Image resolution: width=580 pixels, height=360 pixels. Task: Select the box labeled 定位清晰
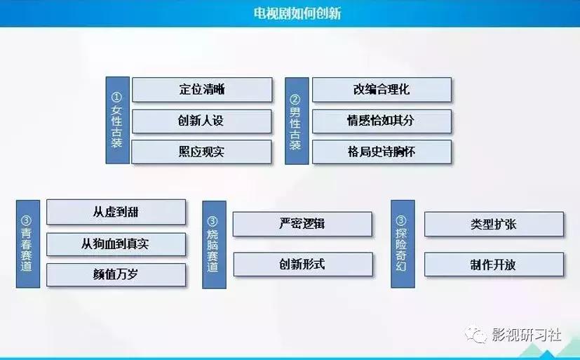coord(201,90)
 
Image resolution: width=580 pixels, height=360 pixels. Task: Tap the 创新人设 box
coord(201,121)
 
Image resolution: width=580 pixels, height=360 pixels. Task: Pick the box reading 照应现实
coord(201,152)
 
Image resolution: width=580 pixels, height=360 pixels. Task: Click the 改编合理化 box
coord(381,90)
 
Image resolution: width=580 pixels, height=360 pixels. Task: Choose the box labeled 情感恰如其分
coord(381,121)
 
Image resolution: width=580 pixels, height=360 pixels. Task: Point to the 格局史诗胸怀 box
coord(381,152)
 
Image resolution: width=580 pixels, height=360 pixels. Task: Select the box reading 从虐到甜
coord(116,212)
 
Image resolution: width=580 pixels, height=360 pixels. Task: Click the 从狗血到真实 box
coord(116,244)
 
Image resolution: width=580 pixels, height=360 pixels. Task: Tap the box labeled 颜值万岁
coord(116,274)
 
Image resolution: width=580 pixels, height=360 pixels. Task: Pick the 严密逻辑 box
coord(302,224)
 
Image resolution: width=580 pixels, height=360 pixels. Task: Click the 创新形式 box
coord(302,264)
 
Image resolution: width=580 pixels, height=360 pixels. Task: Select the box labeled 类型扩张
coord(494,225)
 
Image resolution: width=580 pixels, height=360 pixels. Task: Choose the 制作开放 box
coord(494,265)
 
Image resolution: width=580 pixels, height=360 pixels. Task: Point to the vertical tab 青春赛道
coord(27,243)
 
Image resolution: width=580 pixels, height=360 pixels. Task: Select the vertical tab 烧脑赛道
coord(213,243)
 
